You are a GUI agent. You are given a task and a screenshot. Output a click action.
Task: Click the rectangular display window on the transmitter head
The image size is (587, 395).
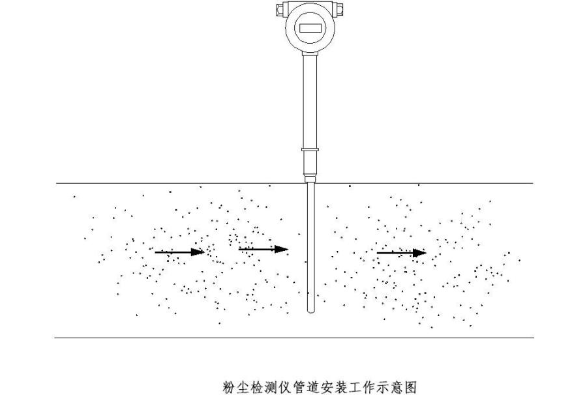(310, 29)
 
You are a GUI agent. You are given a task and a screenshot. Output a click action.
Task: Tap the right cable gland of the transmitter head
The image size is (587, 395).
(340, 9)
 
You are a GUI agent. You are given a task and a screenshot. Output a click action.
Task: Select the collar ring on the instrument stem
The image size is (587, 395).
(310, 150)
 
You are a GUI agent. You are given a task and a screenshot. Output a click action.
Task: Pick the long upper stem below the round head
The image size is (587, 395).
(310, 98)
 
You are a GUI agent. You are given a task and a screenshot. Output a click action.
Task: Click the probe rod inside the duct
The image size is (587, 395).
(310, 248)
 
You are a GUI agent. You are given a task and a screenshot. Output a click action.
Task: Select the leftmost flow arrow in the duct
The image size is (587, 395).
(179, 252)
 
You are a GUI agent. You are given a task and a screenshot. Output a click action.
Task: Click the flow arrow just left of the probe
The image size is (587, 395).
(263, 249)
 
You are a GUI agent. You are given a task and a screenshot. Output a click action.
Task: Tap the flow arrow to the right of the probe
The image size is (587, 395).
(401, 252)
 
